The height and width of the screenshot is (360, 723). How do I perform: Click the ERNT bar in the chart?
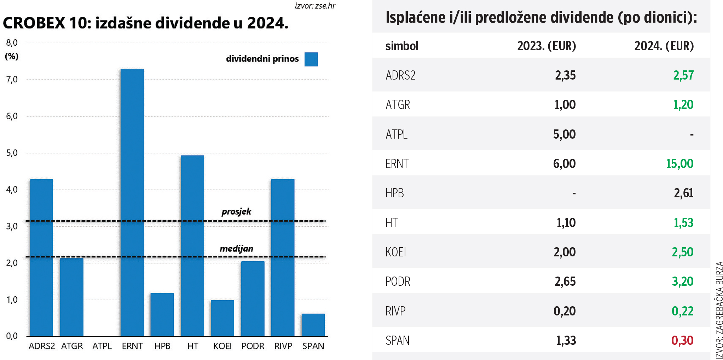tap(132, 202)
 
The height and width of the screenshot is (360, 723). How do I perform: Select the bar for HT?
tap(192, 245)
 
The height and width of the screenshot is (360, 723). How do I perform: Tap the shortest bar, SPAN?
tap(313, 325)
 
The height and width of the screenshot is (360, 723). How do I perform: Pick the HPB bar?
tap(162, 314)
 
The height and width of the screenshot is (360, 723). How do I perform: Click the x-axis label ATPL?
tap(102, 346)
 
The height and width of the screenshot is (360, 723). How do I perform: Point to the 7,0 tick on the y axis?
tap(12, 80)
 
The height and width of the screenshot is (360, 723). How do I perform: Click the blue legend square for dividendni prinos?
tap(311, 59)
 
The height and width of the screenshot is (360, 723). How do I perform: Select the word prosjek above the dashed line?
tap(236, 211)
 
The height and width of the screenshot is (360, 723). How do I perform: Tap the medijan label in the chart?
tap(236, 249)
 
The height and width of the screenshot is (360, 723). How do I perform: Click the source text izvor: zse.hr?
tap(315, 6)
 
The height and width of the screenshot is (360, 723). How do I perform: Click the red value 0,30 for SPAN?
tap(682, 340)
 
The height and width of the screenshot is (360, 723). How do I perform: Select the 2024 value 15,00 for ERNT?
tap(679, 163)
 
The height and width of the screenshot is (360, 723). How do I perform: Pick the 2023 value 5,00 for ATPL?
tap(565, 134)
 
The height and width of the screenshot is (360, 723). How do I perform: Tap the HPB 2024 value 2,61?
tap(683, 193)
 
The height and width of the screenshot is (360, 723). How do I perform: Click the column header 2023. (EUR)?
tap(546, 46)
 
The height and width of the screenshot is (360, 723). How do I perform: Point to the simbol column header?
tap(402, 46)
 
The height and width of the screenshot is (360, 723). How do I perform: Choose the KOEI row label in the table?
tap(396, 252)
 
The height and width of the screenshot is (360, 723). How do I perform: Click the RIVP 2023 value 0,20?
tap(565, 311)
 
